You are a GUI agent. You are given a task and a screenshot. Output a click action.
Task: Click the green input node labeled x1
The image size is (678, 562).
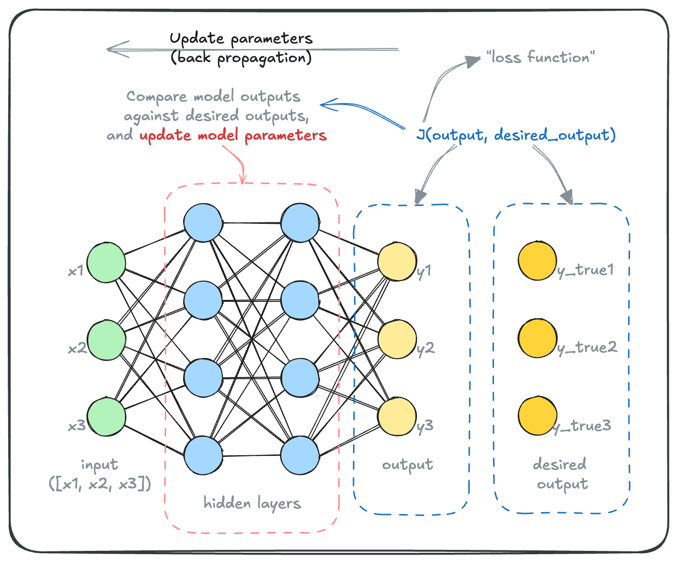click(x=106, y=262)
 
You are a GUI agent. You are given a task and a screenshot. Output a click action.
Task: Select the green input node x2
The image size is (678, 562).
click(x=106, y=340)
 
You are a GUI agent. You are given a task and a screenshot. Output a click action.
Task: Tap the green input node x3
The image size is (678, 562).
click(x=106, y=417)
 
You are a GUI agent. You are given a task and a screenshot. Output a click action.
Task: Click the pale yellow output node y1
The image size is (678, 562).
click(x=397, y=262)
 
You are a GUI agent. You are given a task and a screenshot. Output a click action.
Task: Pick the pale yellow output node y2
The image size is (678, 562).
click(x=397, y=339)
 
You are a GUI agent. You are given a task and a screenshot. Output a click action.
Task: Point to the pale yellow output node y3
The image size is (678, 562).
click(x=397, y=417)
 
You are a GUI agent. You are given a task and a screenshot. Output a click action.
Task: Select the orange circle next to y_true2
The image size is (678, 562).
click(x=537, y=338)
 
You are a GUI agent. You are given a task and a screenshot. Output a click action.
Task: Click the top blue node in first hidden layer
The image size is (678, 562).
click(x=203, y=222)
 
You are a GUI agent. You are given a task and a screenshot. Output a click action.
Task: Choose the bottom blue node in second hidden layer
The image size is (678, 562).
click(x=300, y=455)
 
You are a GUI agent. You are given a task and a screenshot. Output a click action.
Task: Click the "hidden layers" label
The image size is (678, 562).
click(x=252, y=503)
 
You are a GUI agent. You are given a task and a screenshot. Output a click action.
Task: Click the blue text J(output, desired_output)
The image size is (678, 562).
click(x=516, y=135)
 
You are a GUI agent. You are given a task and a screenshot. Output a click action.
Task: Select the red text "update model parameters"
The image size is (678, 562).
click(x=233, y=135)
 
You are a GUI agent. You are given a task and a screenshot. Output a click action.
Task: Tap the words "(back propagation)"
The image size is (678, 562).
click(x=241, y=58)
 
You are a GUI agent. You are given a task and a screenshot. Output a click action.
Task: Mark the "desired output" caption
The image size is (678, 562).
click(x=561, y=474)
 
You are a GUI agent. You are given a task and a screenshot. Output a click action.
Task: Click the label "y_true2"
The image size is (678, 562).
click(x=587, y=348)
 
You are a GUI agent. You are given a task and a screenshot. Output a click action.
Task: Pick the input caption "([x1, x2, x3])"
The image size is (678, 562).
click(x=100, y=484)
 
